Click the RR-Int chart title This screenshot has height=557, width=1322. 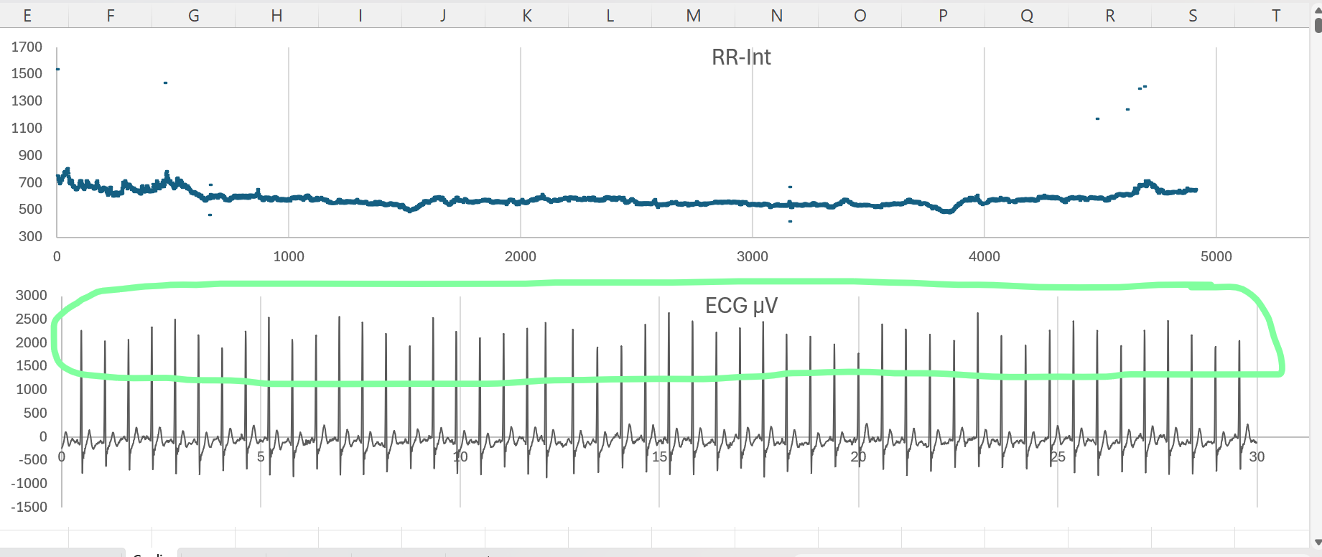click(x=741, y=57)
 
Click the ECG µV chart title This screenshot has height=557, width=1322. click(x=741, y=306)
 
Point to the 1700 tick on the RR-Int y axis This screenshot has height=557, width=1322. click(x=27, y=47)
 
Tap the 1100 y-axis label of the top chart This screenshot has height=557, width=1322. click(x=27, y=128)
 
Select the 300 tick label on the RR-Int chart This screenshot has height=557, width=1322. click(x=30, y=236)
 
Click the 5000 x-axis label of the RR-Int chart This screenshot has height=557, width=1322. click(x=1216, y=256)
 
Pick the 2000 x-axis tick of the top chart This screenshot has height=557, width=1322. click(x=520, y=256)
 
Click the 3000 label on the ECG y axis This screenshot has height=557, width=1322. click(x=32, y=295)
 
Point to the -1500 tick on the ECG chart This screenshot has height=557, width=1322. click(x=29, y=507)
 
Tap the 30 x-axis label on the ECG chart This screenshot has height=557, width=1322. click(x=1257, y=457)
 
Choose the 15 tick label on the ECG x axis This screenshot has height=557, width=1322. click(x=659, y=457)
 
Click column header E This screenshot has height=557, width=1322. click(x=27, y=16)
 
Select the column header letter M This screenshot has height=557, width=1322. click(x=693, y=16)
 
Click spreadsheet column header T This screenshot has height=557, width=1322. click(x=1276, y=16)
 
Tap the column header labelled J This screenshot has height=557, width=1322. click(x=444, y=16)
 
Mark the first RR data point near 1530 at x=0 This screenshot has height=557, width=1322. click(x=57, y=70)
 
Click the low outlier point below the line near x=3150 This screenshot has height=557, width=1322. click(x=790, y=221)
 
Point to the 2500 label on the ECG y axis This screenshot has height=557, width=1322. click(x=32, y=319)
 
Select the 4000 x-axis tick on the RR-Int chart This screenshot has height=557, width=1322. click(x=984, y=256)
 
